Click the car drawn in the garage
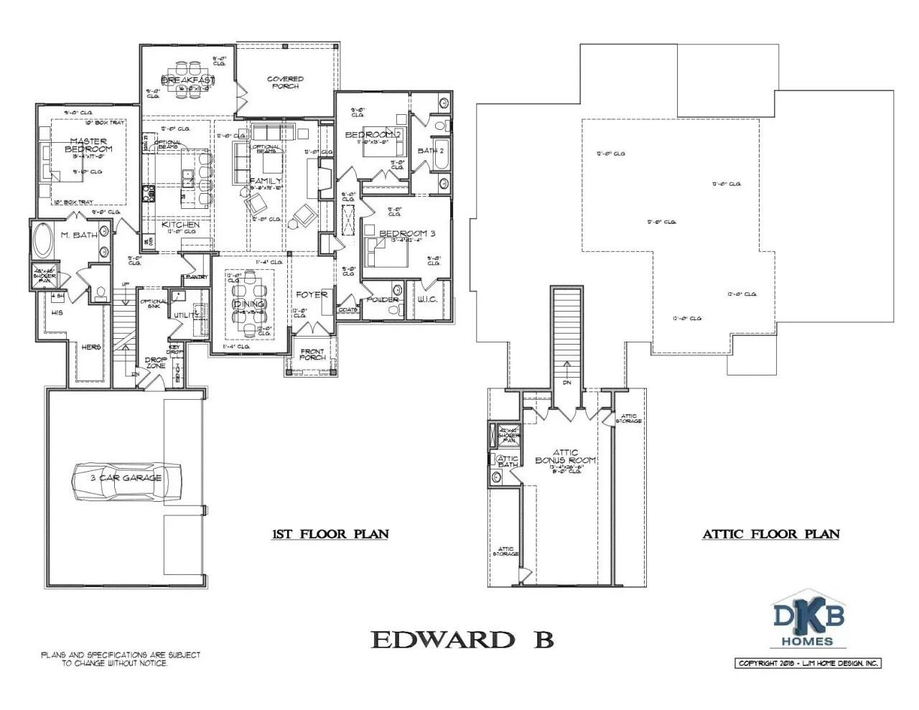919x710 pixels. point(126,479)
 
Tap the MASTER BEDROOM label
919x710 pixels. point(88,145)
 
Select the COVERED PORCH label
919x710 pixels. point(285,83)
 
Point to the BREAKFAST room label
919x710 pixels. point(187,80)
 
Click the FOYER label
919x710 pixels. point(312,294)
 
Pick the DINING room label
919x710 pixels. point(248,304)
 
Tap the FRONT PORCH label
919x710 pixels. point(312,355)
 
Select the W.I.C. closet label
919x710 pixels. point(427,299)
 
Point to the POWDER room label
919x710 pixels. point(383,299)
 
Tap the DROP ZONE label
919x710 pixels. point(156,363)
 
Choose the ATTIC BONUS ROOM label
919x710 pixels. point(565,457)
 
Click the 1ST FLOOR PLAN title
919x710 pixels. point(330,534)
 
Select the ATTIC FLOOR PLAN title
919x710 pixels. point(770,534)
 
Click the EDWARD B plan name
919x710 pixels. point(462,640)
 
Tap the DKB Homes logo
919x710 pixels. point(808,622)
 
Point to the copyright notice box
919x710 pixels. point(808,663)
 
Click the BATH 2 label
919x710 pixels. point(431,151)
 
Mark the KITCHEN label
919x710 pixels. point(180,225)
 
